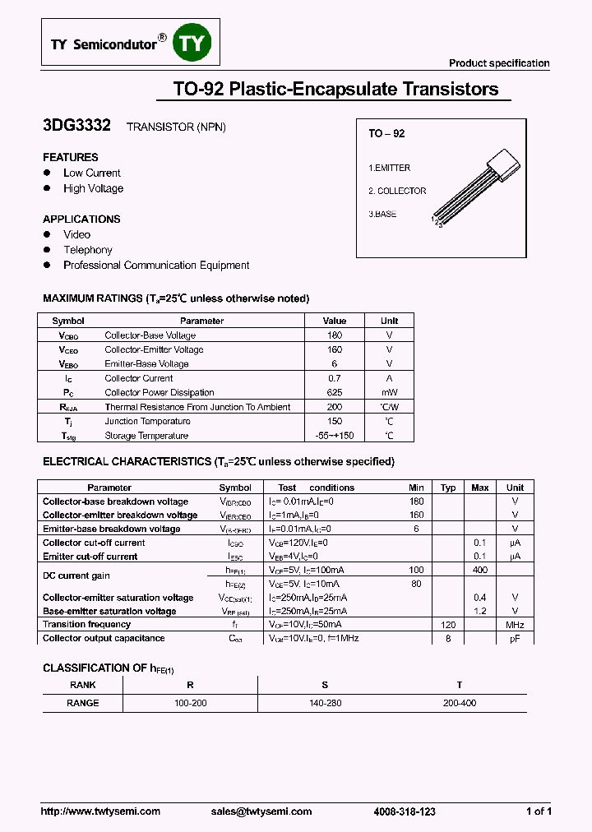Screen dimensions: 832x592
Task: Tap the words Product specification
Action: pyautogui.click(x=499, y=63)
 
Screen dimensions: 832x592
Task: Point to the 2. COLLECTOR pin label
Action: pyautogui.click(x=397, y=191)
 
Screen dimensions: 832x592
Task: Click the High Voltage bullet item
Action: pyautogui.click(x=93, y=188)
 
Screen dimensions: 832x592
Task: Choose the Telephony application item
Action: pyautogui.click(x=88, y=250)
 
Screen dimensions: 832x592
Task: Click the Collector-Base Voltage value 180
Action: pyautogui.click(x=335, y=335)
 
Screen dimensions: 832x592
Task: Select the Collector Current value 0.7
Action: pyautogui.click(x=335, y=378)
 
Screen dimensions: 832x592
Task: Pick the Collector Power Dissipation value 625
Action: pyautogui.click(x=335, y=393)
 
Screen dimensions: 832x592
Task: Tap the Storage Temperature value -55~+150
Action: pyautogui.click(x=335, y=436)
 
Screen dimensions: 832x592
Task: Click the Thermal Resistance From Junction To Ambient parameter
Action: pyautogui.click(x=197, y=407)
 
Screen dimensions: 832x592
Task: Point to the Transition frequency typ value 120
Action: pyautogui.click(x=448, y=625)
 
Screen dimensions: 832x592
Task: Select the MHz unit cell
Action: pyautogui.click(x=515, y=625)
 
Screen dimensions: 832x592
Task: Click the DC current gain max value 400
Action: pyautogui.click(x=480, y=570)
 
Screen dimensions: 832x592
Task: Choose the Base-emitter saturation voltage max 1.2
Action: pyautogui.click(x=480, y=612)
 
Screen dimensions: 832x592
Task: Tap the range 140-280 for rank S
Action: pyautogui.click(x=325, y=703)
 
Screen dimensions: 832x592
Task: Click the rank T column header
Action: pyautogui.click(x=459, y=685)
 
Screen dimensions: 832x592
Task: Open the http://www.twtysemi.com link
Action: pyautogui.click(x=100, y=811)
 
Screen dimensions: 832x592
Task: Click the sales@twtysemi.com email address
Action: pyautogui.click(x=261, y=811)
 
